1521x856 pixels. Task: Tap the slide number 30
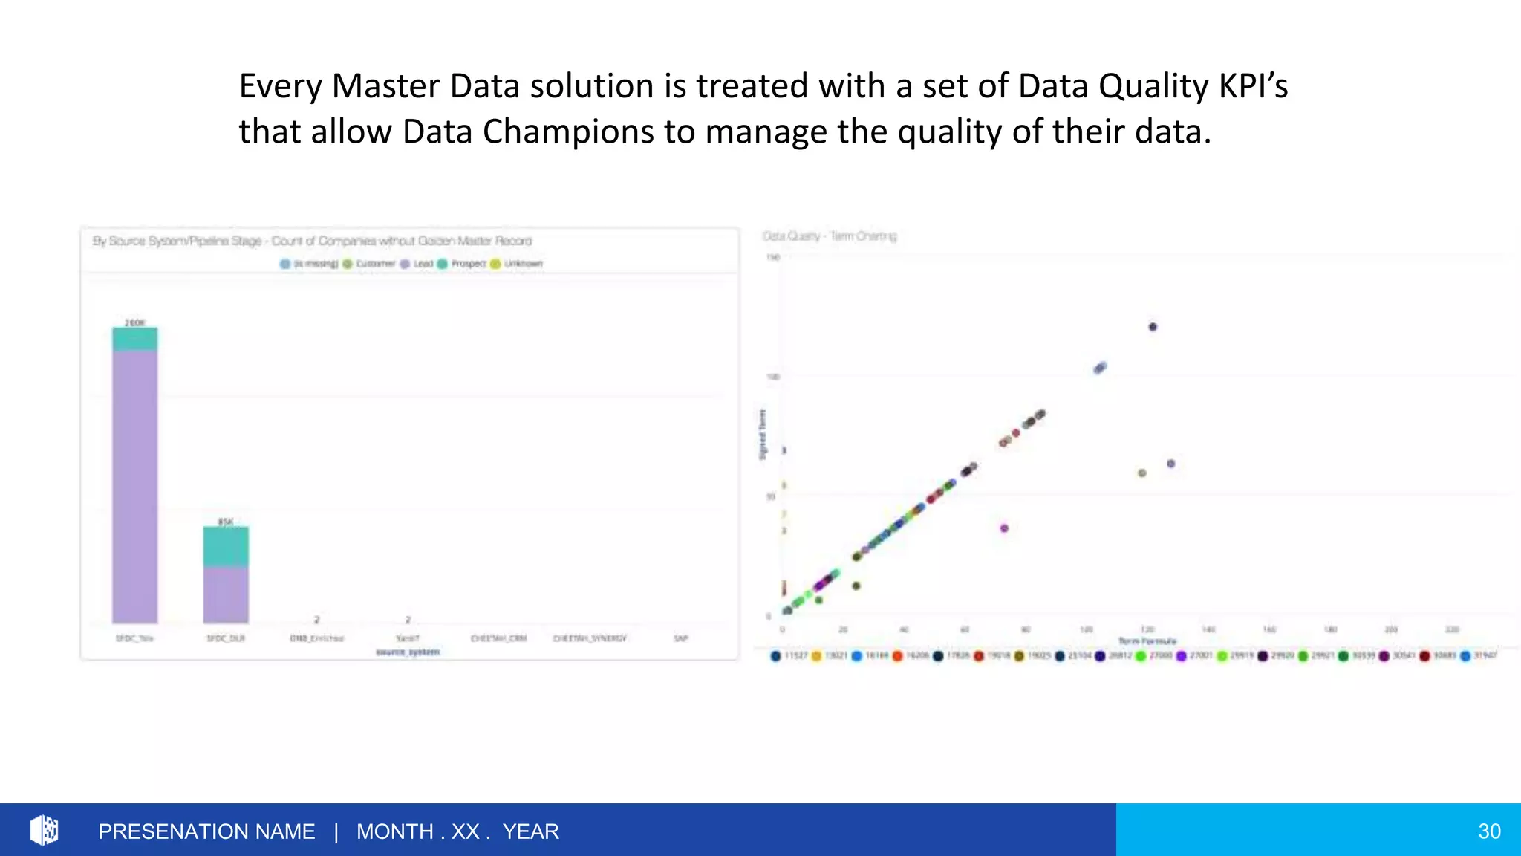coord(1488,831)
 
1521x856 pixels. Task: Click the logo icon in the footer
coord(44,830)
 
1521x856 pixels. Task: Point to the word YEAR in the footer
coord(530,831)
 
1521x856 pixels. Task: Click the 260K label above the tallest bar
coord(134,322)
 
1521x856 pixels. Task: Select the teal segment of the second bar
coord(226,547)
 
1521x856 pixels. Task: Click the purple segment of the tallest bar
coord(134,483)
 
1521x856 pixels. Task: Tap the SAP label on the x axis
coord(680,638)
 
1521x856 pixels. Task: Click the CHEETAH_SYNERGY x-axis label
coord(590,638)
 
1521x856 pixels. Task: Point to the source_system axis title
coord(408,652)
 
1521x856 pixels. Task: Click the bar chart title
coord(312,241)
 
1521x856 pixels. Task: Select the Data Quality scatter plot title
coord(829,236)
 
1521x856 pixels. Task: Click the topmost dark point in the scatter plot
coord(1153,327)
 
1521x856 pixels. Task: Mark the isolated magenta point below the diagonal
coord(1004,528)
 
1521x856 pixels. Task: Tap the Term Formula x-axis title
coord(1147,641)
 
